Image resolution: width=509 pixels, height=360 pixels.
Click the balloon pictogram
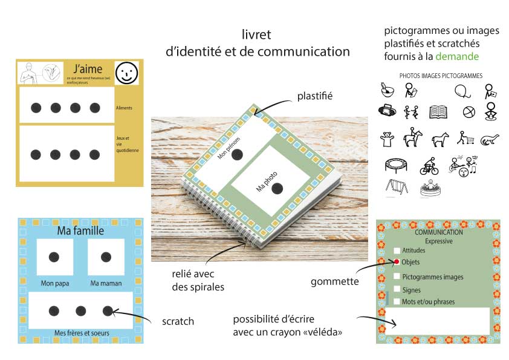(x=462, y=91)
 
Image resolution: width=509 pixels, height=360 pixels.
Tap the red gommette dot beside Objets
(x=397, y=262)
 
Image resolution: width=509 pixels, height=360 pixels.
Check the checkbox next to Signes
(x=397, y=290)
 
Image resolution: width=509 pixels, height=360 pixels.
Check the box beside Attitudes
(x=397, y=250)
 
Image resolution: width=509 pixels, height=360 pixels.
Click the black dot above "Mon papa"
(x=54, y=257)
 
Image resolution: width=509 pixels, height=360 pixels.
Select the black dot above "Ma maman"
(x=106, y=257)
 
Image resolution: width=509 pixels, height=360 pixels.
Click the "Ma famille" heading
(x=80, y=231)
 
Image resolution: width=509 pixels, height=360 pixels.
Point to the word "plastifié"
(x=315, y=96)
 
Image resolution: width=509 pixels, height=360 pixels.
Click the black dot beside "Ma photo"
(x=277, y=189)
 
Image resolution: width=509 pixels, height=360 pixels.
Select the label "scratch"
(x=178, y=321)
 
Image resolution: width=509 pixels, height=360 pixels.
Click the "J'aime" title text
(x=88, y=68)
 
